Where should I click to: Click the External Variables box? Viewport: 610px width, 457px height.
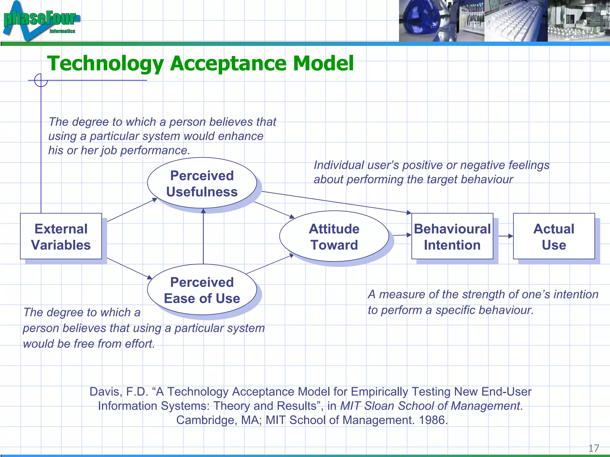(x=61, y=236)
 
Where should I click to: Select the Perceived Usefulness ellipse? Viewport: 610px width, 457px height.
(x=202, y=183)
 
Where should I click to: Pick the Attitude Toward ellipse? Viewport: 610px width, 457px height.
(x=334, y=236)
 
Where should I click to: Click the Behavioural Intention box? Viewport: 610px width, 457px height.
(x=452, y=236)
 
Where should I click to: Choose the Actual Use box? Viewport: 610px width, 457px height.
(x=554, y=236)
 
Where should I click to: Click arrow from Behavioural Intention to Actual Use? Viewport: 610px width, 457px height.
(x=505, y=236)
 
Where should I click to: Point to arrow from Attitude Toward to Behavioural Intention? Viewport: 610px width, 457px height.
(x=402, y=235)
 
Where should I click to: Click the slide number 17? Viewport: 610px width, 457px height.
(x=593, y=448)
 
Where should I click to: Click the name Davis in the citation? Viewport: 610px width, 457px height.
(x=105, y=392)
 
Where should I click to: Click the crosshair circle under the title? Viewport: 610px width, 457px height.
(x=41, y=80)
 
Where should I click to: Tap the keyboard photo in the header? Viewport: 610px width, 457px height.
(x=515, y=21)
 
